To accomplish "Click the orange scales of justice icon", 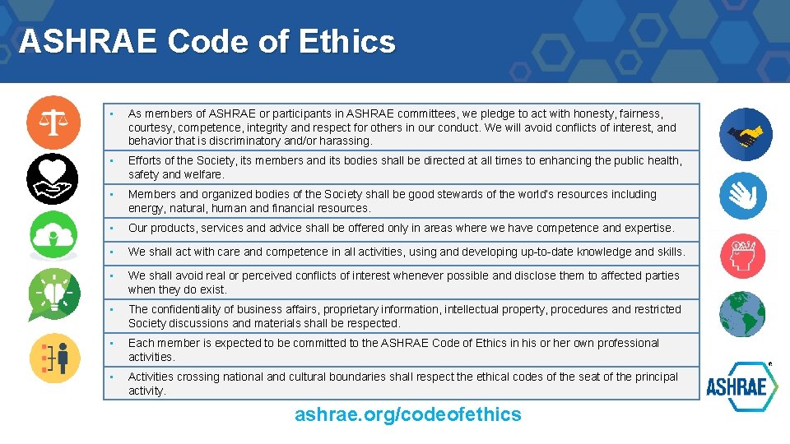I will click(x=54, y=122).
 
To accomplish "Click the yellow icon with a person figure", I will click(x=55, y=358).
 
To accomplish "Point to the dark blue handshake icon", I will click(x=746, y=134).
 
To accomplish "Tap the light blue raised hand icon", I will click(x=743, y=195).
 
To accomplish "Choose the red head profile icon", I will click(x=743, y=256).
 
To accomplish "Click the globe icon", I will click(x=742, y=315).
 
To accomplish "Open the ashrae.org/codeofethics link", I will click(x=408, y=414).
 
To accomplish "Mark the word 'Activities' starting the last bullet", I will click(x=155, y=377).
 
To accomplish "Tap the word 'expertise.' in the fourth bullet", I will click(x=649, y=228).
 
